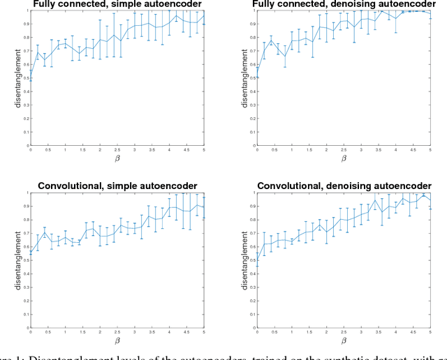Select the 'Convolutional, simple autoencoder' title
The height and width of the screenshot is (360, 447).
[x=117, y=186]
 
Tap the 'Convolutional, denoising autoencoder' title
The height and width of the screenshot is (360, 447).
[x=344, y=186]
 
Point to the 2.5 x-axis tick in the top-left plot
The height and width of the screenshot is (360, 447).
[x=117, y=149]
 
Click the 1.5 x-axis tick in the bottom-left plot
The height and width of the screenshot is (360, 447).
[x=82, y=331]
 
